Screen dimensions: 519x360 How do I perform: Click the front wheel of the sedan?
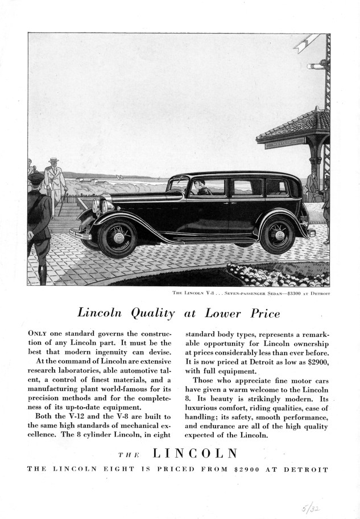tap(118, 237)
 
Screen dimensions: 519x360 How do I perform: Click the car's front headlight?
tap(105, 205)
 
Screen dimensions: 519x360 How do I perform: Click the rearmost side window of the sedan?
tap(276, 187)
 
